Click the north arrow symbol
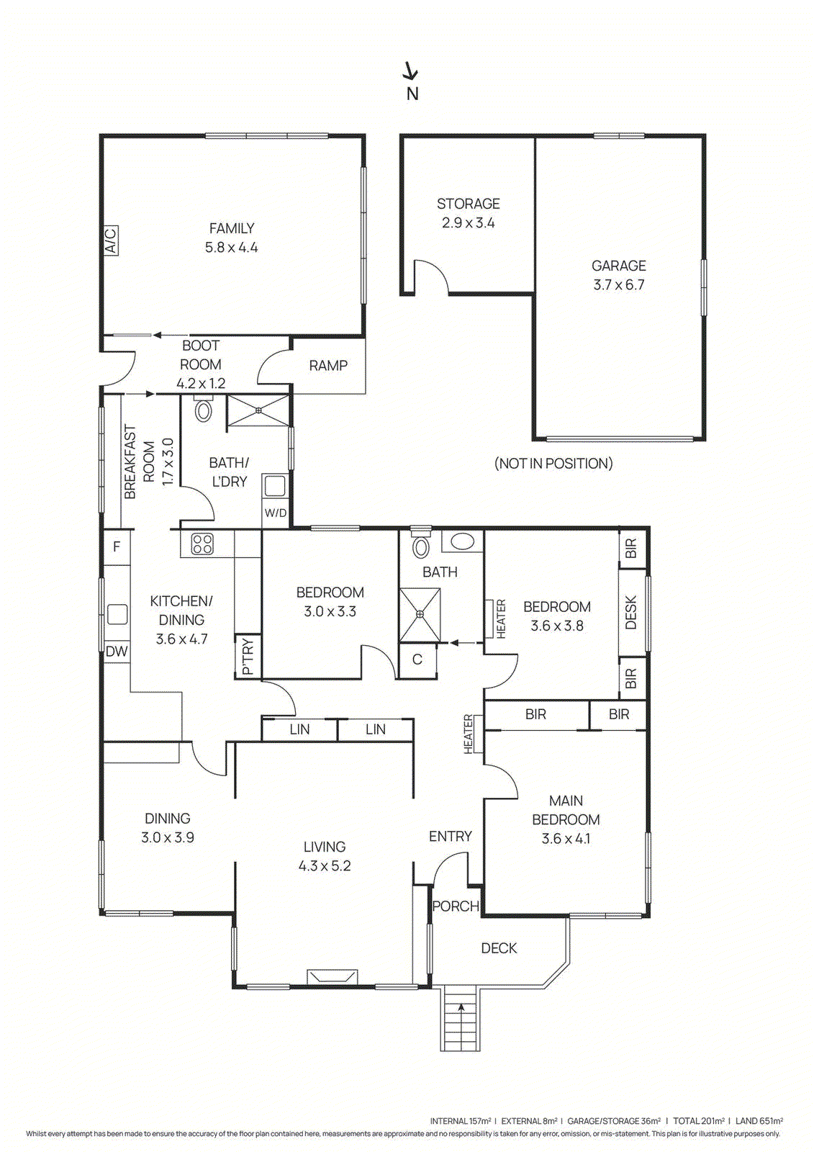click(411, 71)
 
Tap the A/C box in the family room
click(110, 240)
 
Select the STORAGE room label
click(468, 204)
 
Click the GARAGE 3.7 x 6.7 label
click(618, 275)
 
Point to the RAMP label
click(328, 366)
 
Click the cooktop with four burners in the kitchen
click(202, 544)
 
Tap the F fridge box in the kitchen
click(117, 546)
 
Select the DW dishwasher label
click(117, 652)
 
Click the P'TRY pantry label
click(248, 656)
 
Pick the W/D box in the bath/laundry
click(276, 513)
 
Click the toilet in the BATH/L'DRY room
click(204, 410)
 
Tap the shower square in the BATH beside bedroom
click(420, 614)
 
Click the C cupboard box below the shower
click(417, 660)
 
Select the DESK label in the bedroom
click(631, 612)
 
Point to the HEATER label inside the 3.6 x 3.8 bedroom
click(501, 618)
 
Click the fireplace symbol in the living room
click(332, 976)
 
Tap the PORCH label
click(455, 906)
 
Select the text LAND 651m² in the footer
click(759, 1121)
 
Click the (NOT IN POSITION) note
click(553, 464)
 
